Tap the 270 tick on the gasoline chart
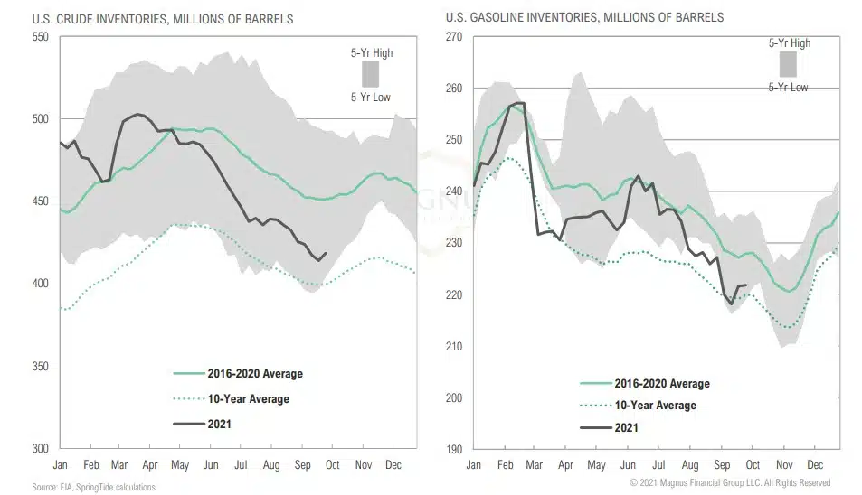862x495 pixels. coord(453,37)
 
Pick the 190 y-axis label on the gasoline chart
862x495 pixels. coord(453,449)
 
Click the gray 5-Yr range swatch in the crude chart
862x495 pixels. coord(369,73)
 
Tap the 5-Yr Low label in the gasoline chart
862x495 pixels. coord(789,88)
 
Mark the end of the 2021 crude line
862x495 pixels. coord(327,254)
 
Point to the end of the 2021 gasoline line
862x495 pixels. coord(746,285)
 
